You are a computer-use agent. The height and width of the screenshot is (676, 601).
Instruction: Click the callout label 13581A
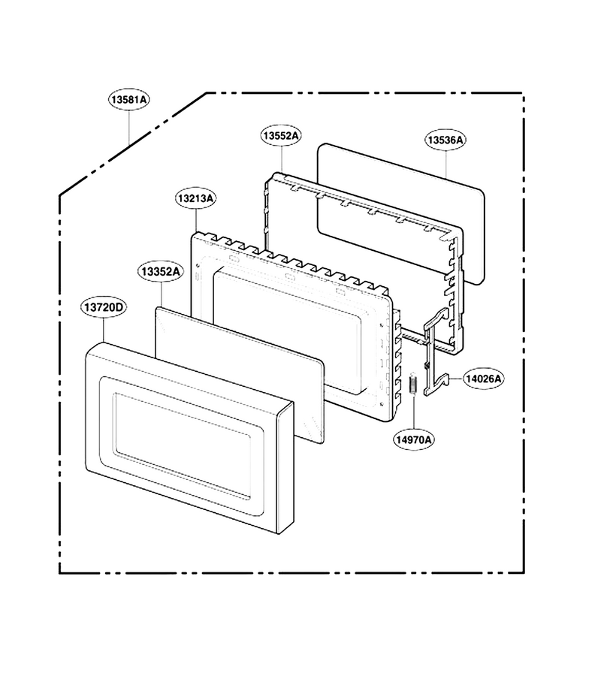[128, 100]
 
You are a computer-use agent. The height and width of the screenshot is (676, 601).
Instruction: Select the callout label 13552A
[281, 135]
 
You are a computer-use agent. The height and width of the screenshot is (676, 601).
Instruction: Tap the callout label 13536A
[445, 140]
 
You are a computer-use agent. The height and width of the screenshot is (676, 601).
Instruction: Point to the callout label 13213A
[196, 198]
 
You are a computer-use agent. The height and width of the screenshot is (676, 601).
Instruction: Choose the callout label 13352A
[161, 272]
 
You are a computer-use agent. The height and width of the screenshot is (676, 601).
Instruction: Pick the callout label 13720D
[104, 307]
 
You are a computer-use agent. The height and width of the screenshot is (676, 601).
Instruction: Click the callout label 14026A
[483, 379]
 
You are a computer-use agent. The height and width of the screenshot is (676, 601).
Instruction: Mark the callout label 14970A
[414, 439]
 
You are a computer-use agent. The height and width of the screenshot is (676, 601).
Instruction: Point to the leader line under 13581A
[129, 128]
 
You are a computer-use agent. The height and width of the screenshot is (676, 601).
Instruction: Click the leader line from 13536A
[445, 164]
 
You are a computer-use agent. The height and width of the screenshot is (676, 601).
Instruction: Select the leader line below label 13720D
[104, 330]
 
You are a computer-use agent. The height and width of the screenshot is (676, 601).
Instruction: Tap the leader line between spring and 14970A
[413, 412]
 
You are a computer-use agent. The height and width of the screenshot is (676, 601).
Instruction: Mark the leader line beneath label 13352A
[162, 294]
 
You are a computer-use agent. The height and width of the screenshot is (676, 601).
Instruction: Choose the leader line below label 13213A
[196, 220]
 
